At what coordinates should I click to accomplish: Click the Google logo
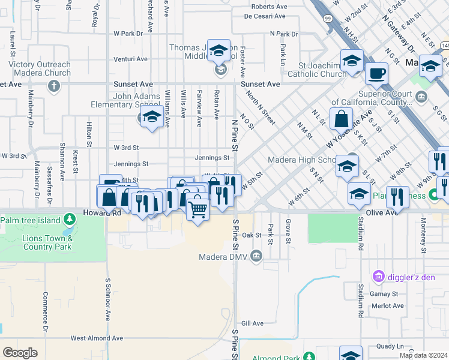click(20, 353)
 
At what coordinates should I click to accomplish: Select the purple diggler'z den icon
click(379, 276)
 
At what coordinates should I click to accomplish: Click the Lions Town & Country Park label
click(47, 242)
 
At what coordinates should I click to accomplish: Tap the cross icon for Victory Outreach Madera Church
click(54, 85)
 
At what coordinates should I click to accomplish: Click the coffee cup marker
click(376, 73)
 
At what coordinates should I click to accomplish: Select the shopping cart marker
click(198, 209)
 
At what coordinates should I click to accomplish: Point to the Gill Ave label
click(252, 323)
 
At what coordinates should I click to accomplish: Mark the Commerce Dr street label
click(45, 311)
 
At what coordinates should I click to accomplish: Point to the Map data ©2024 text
click(423, 355)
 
